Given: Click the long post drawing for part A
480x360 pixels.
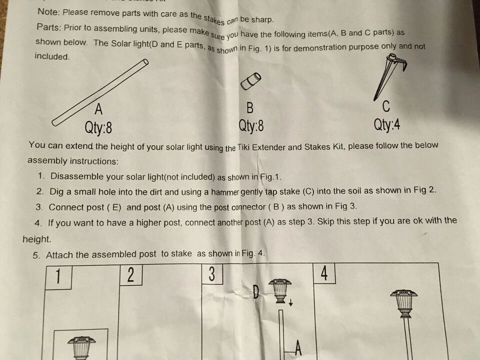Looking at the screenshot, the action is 100,92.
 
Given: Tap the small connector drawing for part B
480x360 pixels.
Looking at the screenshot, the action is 250,81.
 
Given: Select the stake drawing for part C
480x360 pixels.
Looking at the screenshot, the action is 389,76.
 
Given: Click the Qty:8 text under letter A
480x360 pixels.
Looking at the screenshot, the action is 98,127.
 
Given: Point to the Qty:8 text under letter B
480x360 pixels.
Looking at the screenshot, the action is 251,126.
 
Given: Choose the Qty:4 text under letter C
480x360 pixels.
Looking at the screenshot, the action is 386,125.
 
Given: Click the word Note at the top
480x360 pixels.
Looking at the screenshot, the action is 48,11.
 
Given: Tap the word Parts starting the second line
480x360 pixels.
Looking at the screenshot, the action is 48,27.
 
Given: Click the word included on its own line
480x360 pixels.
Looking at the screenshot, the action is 52,56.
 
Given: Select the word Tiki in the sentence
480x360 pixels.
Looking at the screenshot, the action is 243,147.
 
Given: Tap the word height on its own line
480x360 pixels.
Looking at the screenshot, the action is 36,239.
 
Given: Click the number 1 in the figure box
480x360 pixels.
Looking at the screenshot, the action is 58,276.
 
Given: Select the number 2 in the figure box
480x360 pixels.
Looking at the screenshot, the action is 130,274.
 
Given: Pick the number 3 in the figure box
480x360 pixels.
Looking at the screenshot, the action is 212,273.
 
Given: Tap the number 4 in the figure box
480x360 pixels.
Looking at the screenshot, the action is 324,273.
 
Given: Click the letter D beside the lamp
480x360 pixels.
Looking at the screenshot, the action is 256,292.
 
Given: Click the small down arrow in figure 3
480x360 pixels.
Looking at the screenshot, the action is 290,302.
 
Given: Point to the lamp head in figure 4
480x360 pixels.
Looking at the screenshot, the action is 404,303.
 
